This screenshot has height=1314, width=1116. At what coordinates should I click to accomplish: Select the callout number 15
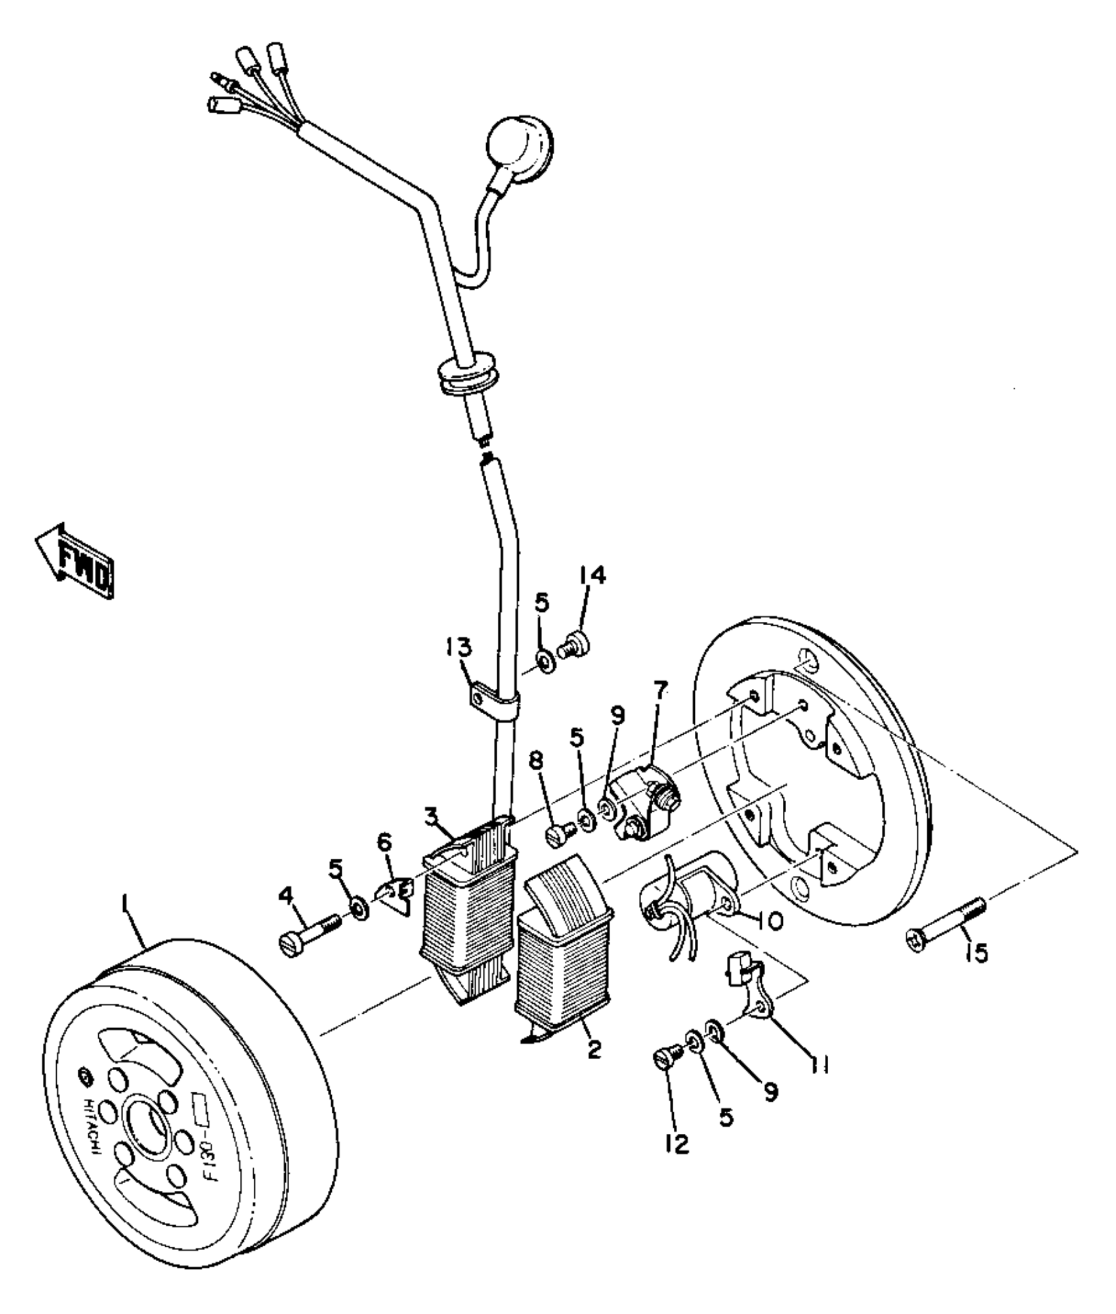[978, 952]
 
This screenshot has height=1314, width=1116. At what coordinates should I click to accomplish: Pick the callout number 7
[660, 689]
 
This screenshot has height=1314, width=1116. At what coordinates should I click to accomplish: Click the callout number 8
[536, 761]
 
